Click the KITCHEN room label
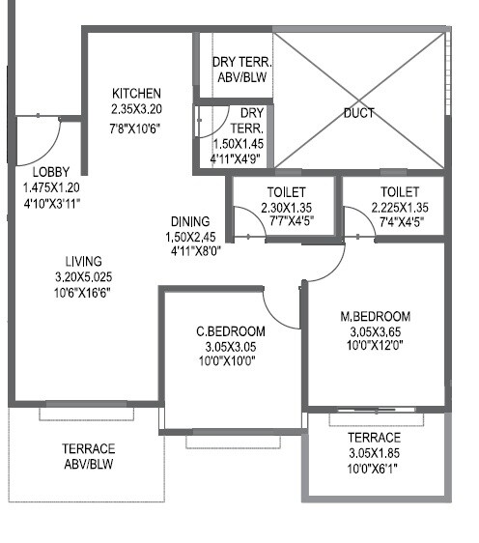135,93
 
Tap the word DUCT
358,113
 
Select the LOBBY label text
50,172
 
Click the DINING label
190,220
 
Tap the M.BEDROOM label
376,316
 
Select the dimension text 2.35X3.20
135,110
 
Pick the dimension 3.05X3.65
376,330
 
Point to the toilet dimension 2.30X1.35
283,206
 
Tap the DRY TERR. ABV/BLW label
241,71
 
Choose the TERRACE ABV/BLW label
88,456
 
